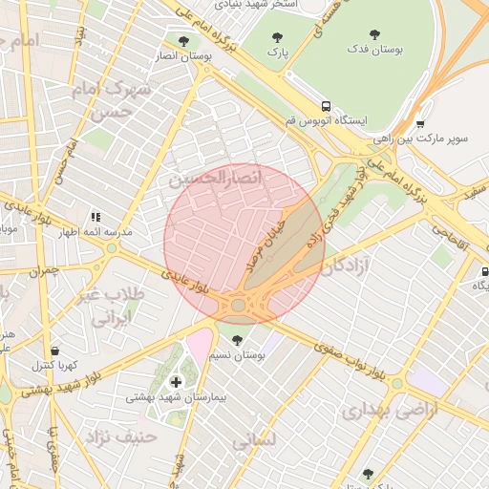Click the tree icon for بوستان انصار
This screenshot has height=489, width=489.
[183, 40]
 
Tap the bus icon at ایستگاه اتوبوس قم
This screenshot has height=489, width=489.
[327, 106]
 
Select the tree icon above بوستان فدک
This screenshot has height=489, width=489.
[373, 34]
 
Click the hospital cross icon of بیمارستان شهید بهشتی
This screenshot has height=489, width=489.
[175, 381]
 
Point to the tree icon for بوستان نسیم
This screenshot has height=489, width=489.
[237, 339]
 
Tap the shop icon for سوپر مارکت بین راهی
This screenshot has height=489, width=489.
[420, 123]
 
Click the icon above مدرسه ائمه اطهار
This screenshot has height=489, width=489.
[96, 218]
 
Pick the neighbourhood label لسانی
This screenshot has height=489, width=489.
[253, 441]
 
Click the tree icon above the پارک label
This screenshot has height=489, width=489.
[277, 38]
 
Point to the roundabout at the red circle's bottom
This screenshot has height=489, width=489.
[238, 306]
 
